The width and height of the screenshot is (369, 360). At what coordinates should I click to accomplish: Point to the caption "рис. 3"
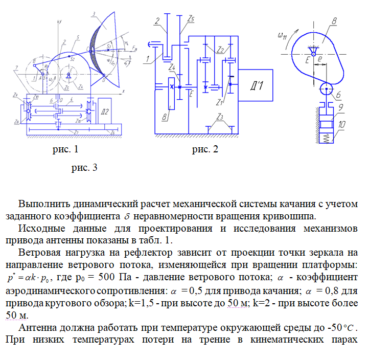click(83, 167)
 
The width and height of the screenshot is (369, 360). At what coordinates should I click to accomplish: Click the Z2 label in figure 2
click(220, 50)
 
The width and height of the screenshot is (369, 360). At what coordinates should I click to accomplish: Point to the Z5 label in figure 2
click(190, 18)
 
